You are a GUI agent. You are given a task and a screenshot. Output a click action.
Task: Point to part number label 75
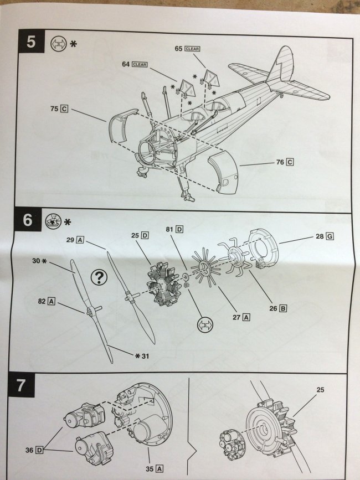(x=58, y=109)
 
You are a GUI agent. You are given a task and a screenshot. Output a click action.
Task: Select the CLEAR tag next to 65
(x=192, y=49)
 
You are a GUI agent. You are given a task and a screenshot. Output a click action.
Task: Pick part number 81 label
(x=174, y=229)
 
